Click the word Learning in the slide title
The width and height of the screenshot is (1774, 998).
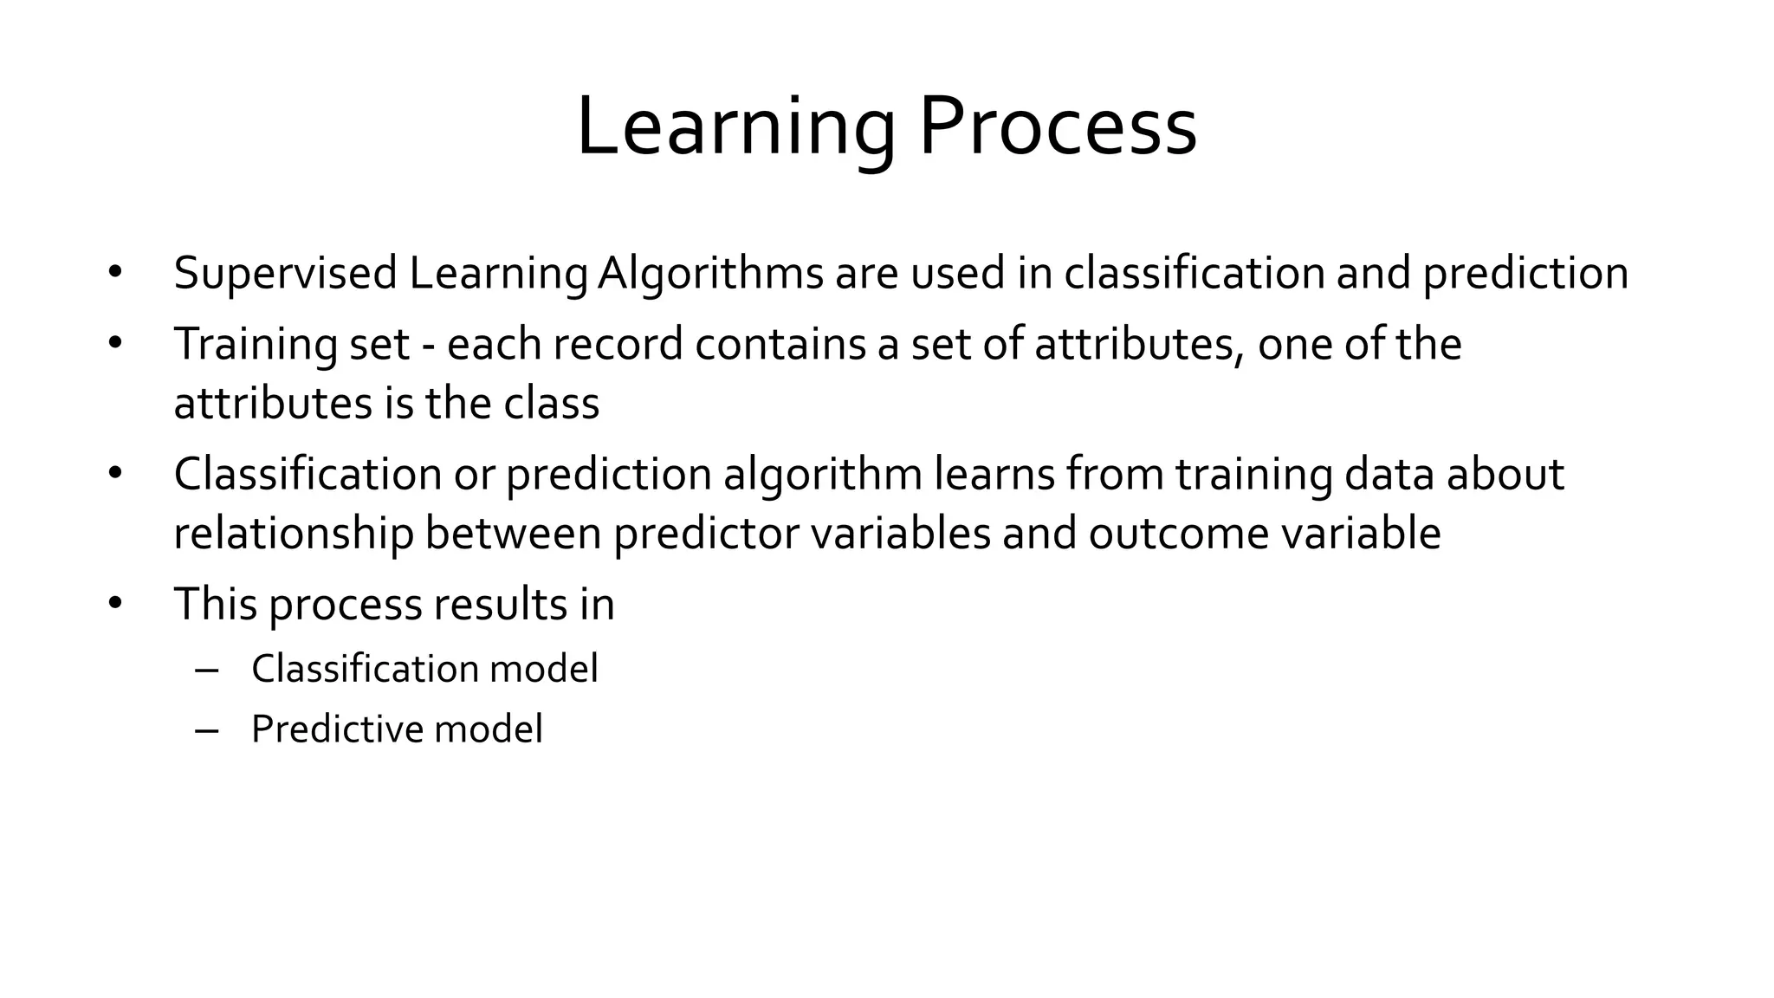[x=735, y=128]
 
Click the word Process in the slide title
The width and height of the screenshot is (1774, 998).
[x=1058, y=128]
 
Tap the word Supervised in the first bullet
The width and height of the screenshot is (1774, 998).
[x=285, y=274]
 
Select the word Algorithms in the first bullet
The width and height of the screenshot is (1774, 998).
[x=710, y=274]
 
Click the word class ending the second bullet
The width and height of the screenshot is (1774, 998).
[x=551, y=404]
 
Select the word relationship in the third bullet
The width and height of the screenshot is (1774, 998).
[x=293, y=534]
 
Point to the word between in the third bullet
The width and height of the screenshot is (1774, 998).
[x=513, y=534]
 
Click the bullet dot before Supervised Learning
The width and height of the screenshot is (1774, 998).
[x=116, y=273]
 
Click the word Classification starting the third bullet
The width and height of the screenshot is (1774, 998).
[x=308, y=475]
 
